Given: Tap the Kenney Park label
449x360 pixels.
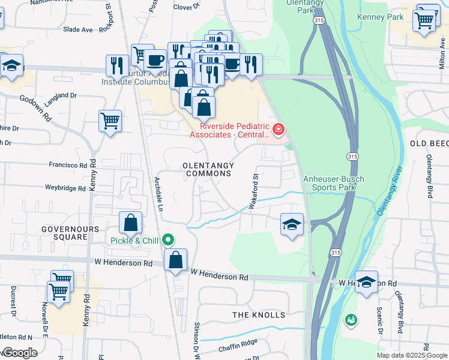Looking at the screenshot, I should point(381,17).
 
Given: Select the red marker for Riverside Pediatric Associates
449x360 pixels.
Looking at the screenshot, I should point(278,129).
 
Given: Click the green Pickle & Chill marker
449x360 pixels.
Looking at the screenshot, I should point(168,241).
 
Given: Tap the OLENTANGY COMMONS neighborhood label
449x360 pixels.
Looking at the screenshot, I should point(208,169).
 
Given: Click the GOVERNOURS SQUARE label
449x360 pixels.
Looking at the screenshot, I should point(64,233).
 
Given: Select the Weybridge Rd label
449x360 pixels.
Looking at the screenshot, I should point(65,188).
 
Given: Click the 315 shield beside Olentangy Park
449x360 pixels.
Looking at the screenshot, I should point(315,20).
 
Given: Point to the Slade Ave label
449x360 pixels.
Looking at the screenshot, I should point(78,29).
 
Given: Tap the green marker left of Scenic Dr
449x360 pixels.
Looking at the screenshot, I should point(350,320).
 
